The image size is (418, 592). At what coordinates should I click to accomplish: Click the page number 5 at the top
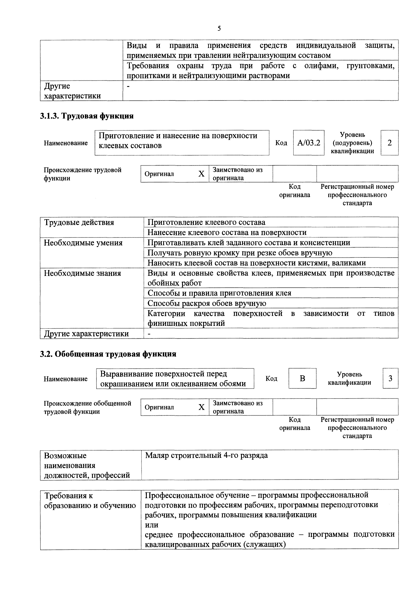(x=219, y=28)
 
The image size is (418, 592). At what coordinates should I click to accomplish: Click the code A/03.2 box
(x=309, y=143)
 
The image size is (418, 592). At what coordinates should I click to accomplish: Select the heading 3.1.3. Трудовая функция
(x=87, y=116)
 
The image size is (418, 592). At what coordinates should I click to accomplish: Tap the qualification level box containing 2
(x=389, y=143)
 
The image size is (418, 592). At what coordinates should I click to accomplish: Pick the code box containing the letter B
(x=302, y=379)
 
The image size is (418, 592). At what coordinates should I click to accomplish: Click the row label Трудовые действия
(x=79, y=223)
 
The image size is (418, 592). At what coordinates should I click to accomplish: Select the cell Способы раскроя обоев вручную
(x=207, y=303)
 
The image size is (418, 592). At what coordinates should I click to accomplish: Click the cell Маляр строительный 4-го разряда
(x=206, y=455)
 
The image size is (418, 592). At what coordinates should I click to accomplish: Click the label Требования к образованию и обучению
(x=90, y=501)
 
